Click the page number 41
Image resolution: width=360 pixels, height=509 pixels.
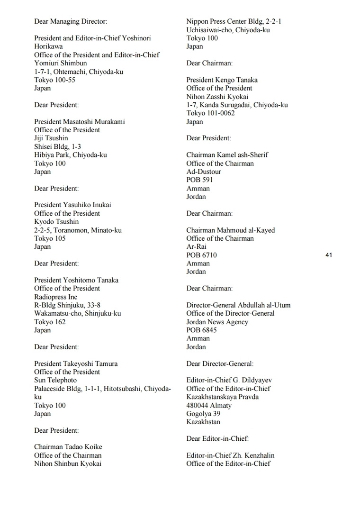[329, 255]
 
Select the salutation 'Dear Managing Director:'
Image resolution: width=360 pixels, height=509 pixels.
[71, 21]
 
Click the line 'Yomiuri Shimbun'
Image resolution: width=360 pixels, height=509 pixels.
[61, 63]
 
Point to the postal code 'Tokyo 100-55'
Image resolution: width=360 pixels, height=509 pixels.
[54, 80]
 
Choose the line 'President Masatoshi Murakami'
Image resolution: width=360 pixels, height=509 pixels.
[80, 121]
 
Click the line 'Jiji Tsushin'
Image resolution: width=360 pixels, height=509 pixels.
[51, 138]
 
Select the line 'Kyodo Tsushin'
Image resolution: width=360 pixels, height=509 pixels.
[56, 222]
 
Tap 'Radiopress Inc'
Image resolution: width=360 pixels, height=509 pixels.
[55, 297]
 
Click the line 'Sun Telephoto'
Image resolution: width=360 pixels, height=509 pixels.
[55, 380]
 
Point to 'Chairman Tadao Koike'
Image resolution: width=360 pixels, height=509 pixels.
[68, 447]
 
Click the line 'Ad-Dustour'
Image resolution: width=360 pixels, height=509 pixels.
[204, 172]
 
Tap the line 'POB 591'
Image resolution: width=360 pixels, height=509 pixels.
[199, 180]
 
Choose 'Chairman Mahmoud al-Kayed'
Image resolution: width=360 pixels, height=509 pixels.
[231, 230]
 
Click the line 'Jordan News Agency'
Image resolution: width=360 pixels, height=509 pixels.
[217, 322]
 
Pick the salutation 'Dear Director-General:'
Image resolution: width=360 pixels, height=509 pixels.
[220, 364]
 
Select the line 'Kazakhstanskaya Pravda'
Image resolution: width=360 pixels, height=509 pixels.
[223, 397]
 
